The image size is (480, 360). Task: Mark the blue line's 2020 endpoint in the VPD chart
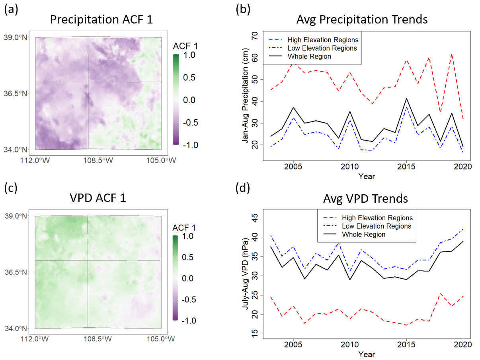pos(462,229)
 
